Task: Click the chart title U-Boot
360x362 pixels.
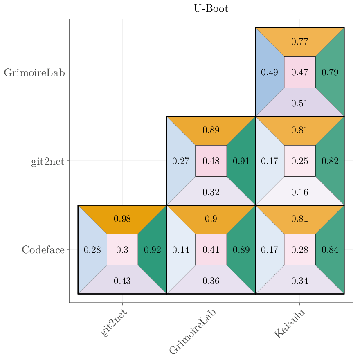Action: [x=211, y=9]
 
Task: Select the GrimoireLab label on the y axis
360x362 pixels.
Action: [x=34, y=73]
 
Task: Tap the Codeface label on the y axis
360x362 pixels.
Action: [x=43, y=250]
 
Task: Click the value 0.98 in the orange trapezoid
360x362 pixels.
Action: [x=122, y=219]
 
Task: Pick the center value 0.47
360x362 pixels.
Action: [x=300, y=72]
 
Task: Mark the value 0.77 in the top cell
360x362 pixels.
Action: [x=300, y=42]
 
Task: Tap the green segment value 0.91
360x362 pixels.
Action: [x=241, y=161]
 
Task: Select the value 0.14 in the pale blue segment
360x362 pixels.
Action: [x=181, y=250]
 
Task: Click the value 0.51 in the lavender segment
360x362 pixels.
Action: [x=300, y=103]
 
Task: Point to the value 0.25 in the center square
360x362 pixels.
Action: [x=300, y=161]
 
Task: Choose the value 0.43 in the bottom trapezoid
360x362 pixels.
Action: [x=122, y=281]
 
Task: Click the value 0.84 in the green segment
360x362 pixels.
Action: [x=330, y=250]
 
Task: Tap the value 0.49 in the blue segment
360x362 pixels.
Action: [x=270, y=72]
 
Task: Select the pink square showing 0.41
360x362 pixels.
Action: [x=211, y=250]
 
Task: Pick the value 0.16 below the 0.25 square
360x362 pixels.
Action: [x=300, y=192]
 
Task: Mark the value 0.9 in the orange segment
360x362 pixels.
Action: [x=211, y=219]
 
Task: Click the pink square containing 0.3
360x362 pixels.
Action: [x=122, y=250]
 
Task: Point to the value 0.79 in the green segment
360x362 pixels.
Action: [x=330, y=72]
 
